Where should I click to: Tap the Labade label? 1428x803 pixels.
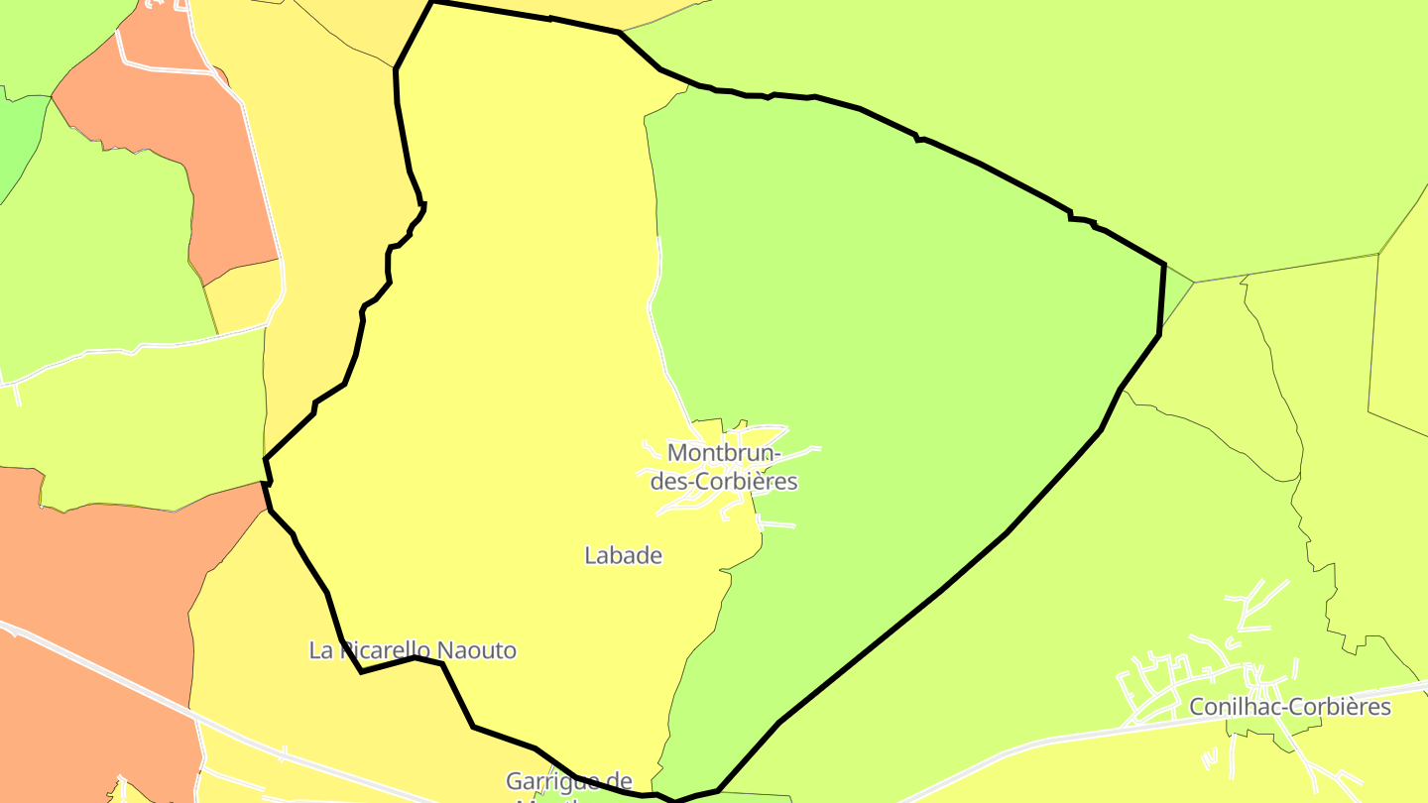click(x=623, y=556)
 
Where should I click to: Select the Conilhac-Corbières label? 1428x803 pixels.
click(x=1289, y=708)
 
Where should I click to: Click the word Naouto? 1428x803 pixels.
click(x=477, y=651)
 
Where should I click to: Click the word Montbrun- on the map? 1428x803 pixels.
click(x=724, y=453)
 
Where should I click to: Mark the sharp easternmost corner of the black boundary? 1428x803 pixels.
click(x=1163, y=265)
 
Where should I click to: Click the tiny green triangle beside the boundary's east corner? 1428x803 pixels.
click(x=1176, y=287)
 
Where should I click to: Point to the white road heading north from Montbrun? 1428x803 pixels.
click(x=657, y=297)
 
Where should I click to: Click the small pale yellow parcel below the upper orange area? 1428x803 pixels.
click(x=243, y=297)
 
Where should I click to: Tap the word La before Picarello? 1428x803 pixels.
click(x=319, y=651)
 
